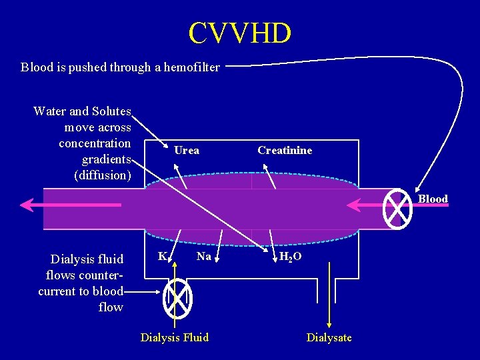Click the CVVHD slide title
[240, 33]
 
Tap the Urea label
[187, 150]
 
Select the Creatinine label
[285, 150]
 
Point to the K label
[162, 256]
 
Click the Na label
[204, 256]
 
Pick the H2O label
[290, 257]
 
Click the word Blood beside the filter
[433, 199]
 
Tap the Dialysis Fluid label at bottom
[175, 337]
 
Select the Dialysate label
[329, 337]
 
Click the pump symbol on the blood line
[398, 208]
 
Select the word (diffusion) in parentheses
[103, 175]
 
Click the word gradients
[106, 159]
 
